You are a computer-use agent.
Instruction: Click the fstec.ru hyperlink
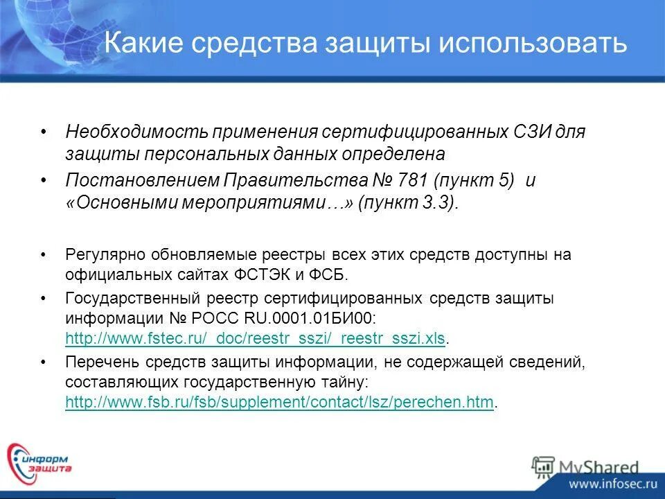click(x=255, y=338)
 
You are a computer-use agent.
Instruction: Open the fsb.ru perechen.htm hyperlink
click(x=279, y=402)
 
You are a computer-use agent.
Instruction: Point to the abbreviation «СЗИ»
click(x=518, y=132)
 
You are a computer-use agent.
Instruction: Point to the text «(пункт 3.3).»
click(x=409, y=202)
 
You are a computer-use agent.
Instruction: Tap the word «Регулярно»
click(x=101, y=255)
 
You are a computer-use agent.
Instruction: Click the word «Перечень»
click(x=97, y=362)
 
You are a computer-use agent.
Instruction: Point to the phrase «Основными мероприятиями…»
click(x=201, y=202)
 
